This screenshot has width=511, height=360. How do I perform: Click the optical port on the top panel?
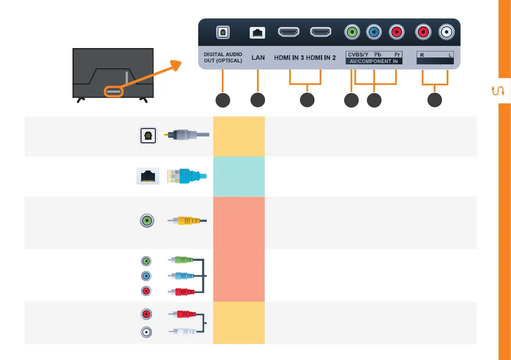223,32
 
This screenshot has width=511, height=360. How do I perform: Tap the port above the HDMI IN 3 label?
289,32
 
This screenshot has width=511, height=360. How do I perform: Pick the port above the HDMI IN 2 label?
321,32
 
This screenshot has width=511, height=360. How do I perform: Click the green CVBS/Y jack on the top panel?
352,32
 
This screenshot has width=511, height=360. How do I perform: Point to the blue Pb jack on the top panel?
374,32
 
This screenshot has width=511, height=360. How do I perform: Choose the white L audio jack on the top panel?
447,32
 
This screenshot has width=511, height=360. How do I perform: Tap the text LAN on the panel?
258,57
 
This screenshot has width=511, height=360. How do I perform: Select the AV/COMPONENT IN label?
374,61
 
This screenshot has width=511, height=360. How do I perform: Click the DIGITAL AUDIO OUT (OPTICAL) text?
223,57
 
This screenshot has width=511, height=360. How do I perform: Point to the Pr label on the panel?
397,55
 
